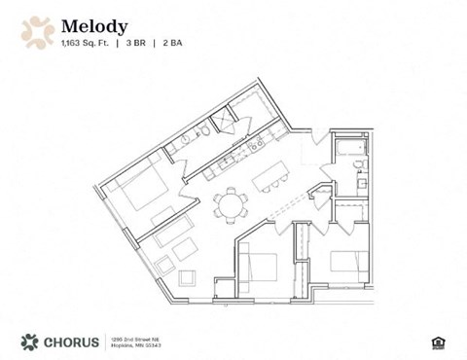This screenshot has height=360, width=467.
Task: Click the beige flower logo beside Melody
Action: coord(37,30)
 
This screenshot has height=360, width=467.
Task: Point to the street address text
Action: coord(136,341)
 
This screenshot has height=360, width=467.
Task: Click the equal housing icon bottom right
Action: coord(435,341)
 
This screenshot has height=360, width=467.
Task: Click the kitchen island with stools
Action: coord(270,179)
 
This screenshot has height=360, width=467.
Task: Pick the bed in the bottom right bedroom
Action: coord(350,261)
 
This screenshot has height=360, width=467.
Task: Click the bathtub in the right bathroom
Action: coord(348,147)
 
